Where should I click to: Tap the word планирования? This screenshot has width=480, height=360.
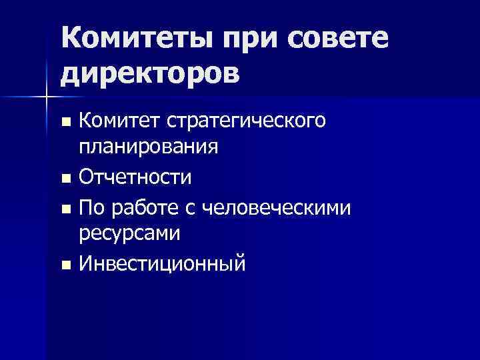(149, 145)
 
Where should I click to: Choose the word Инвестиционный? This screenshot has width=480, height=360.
(162, 264)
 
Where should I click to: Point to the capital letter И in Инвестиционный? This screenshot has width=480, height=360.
(85, 264)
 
